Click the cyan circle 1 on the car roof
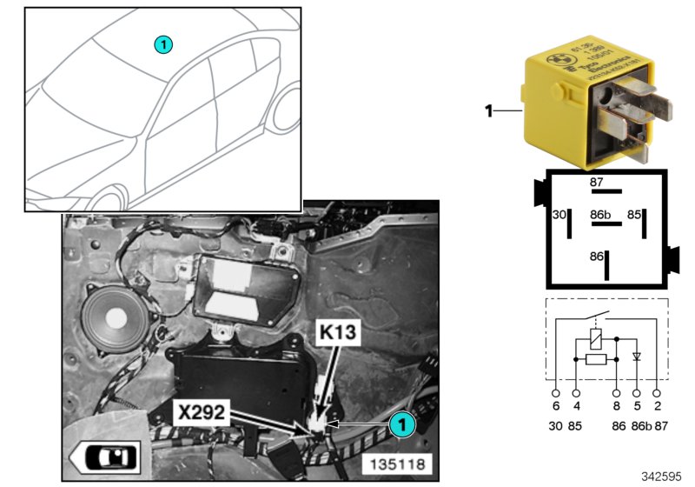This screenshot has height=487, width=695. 164,43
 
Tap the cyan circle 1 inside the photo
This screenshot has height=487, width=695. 401,424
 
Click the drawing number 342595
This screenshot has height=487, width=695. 663,477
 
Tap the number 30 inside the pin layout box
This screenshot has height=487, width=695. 559,213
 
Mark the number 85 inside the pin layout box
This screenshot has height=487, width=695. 635,213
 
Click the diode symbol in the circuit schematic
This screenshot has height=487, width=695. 636,357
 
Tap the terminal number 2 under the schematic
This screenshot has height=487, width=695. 658,405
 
